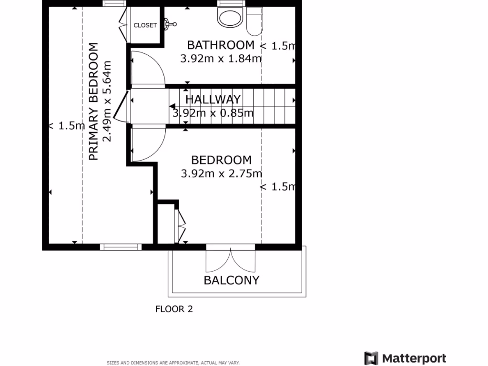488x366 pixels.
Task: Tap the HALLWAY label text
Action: click(213, 100)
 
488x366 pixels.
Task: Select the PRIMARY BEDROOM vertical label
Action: click(93, 102)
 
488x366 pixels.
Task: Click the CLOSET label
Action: click(145, 25)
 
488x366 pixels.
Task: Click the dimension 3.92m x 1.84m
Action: click(221, 59)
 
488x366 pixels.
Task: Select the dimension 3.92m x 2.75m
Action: click(221, 173)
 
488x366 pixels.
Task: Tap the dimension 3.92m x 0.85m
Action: click(213, 113)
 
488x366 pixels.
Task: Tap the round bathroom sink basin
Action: click(230, 18)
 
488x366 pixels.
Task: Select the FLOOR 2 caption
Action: click(174, 309)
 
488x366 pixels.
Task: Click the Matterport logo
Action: click(405, 358)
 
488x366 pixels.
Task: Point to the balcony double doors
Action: click(231, 260)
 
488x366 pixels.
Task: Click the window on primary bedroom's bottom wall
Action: click(121, 246)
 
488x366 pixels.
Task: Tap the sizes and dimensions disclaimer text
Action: click(173, 363)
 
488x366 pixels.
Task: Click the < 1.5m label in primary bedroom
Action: click(67, 126)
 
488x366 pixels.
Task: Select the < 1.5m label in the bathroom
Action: click(278, 46)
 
